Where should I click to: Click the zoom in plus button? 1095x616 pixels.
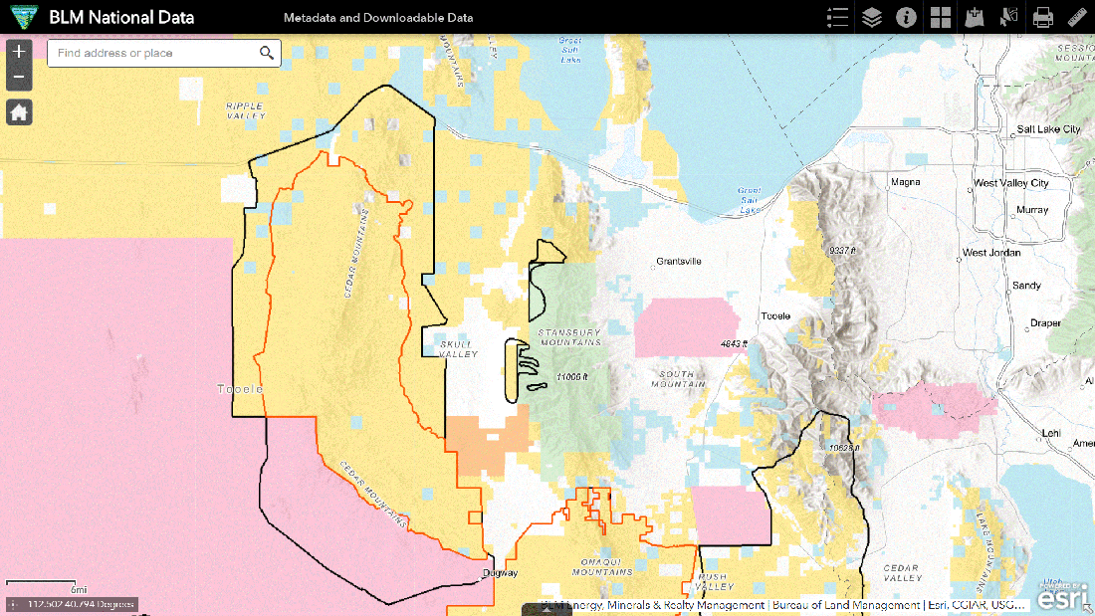click(19, 52)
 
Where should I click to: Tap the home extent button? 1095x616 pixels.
click(19, 112)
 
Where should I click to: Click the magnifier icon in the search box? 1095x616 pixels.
click(267, 53)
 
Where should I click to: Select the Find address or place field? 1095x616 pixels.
click(149, 53)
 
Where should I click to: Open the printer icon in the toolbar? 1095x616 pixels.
click(1042, 17)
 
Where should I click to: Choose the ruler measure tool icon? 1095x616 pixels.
click(1077, 17)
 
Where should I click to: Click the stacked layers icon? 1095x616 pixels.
click(871, 17)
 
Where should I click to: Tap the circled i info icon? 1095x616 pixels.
click(906, 17)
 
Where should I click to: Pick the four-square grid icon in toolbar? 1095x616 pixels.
click(941, 17)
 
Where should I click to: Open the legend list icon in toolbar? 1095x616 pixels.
click(837, 17)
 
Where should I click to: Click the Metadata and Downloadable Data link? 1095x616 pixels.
click(378, 18)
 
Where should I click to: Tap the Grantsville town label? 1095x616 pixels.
click(679, 262)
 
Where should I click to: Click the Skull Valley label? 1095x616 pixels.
click(459, 348)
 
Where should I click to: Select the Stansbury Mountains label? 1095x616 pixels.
click(568, 337)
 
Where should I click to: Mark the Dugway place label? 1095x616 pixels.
click(500, 573)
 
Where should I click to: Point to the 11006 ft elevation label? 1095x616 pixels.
click(572, 377)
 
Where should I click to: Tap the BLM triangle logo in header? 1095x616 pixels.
click(21, 17)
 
